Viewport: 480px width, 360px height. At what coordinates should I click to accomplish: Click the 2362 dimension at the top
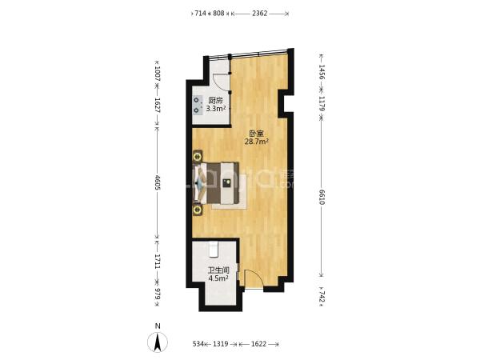coord(259,14)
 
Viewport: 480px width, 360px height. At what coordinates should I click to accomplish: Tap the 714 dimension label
coord(201,14)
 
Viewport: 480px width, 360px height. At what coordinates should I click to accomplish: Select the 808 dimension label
coord(218,14)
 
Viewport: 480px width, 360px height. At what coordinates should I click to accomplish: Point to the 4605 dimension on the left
coord(158,182)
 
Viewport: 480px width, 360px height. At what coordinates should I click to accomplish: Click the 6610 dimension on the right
coord(322,198)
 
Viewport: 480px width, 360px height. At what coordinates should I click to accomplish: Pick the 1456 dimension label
coord(322,72)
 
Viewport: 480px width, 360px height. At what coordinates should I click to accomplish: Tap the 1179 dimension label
coord(322,104)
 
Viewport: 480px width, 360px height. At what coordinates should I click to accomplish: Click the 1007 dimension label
coord(158,74)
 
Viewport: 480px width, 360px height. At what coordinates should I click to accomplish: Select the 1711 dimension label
coord(158,261)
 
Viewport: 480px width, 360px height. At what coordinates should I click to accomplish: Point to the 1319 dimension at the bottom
coord(221,344)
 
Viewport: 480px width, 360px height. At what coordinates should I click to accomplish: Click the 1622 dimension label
coord(258,344)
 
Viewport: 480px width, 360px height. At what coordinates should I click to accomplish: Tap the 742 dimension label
coord(322,296)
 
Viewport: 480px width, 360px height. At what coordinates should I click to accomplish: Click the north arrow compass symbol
coord(158,342)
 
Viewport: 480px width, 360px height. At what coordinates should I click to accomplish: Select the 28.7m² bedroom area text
coord(257,141)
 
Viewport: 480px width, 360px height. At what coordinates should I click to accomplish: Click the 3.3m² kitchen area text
coord(216,108)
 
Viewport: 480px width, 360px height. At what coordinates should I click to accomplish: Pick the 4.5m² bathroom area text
coord(218,278)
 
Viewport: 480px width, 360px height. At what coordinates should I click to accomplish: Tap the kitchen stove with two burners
coord(198,105)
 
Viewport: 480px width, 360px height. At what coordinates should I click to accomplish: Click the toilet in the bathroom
coord(214,249)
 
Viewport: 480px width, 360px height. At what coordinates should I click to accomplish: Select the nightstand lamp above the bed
coord(198,157)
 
